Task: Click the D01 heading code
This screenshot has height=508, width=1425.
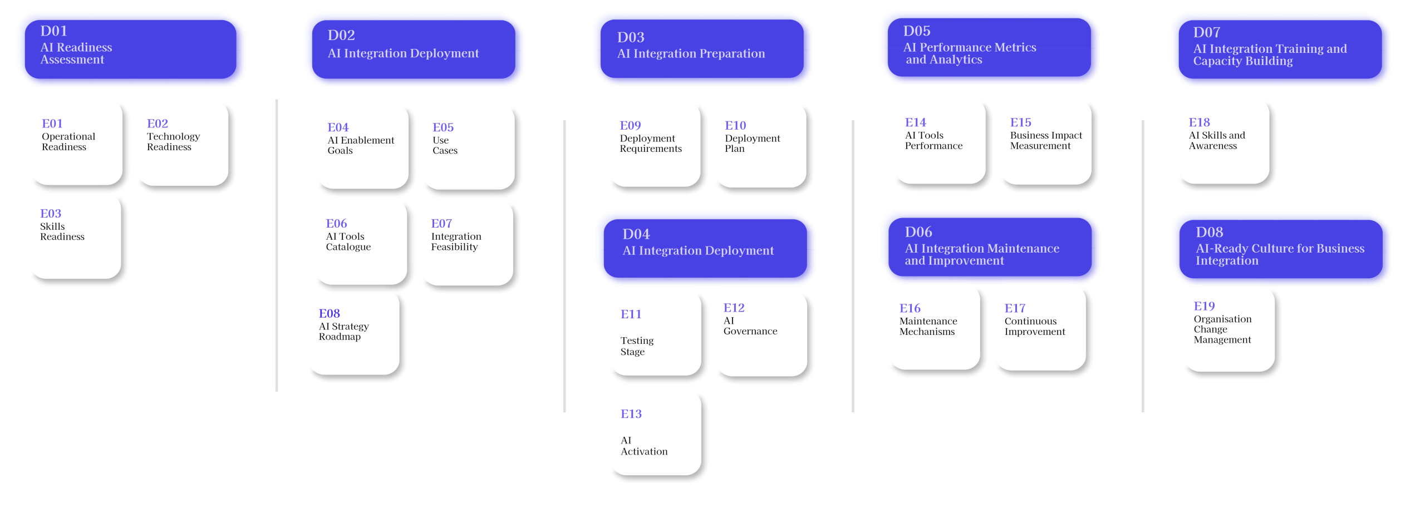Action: point(53,31)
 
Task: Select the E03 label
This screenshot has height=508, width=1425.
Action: point(51,214)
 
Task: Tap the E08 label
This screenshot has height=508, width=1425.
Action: point(329,314)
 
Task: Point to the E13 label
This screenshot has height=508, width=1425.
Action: point(631,414)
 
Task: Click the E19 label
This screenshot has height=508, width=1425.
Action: point(1204,307)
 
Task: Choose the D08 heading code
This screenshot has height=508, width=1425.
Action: point(1209,232)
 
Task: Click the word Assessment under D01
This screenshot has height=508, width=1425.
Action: point(72,60)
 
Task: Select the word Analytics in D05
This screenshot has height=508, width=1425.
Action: point(955,60)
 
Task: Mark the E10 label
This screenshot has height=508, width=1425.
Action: point(735,126)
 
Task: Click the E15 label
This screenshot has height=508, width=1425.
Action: point(1020,122)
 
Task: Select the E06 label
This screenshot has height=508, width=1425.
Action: point(336,224)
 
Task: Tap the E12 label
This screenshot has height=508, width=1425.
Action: point(734,308)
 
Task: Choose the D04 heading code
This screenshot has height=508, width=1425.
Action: point(636,234)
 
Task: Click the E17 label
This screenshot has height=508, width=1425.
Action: point(1015,308)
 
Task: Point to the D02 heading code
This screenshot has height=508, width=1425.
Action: point(341,36)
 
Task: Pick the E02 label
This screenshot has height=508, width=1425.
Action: point(158,124)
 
